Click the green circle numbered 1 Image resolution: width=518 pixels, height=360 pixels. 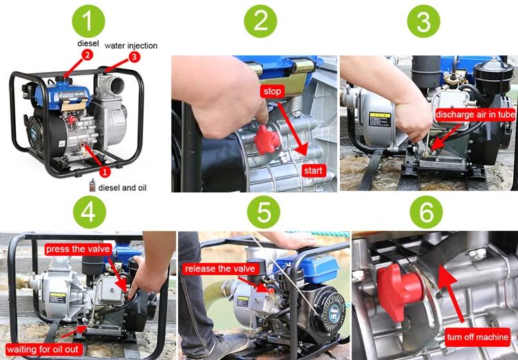click(88, 21)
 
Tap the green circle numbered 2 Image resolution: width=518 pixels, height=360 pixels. click(260, 21)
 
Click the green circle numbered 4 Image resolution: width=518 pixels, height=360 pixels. click(88, 212)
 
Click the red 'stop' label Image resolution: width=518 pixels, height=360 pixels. click(272, 91)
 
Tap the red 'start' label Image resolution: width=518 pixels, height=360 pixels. click(313, 170)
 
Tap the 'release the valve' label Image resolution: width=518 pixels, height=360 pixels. click(220, 268)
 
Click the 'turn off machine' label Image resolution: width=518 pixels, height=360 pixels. click(477, 337)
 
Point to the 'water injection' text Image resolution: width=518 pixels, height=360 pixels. click(131, 46)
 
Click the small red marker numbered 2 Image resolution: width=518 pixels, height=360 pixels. click(87, 55)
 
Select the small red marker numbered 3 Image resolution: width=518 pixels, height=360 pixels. click(134, 57)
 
